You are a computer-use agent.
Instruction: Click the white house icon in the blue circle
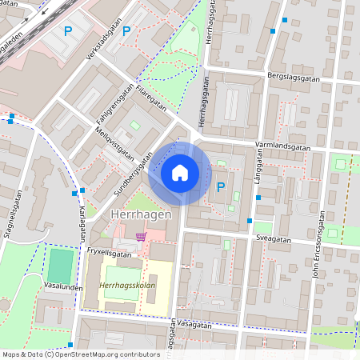pyautogui.click(x=180, y=172)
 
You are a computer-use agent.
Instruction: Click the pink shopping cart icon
pyautogui.click(x=142, y=236)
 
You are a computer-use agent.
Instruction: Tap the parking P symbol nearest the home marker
pyautogui.click(x=221, y=186)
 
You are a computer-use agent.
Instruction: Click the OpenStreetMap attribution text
pyautogui.click(x=81, y=354)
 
